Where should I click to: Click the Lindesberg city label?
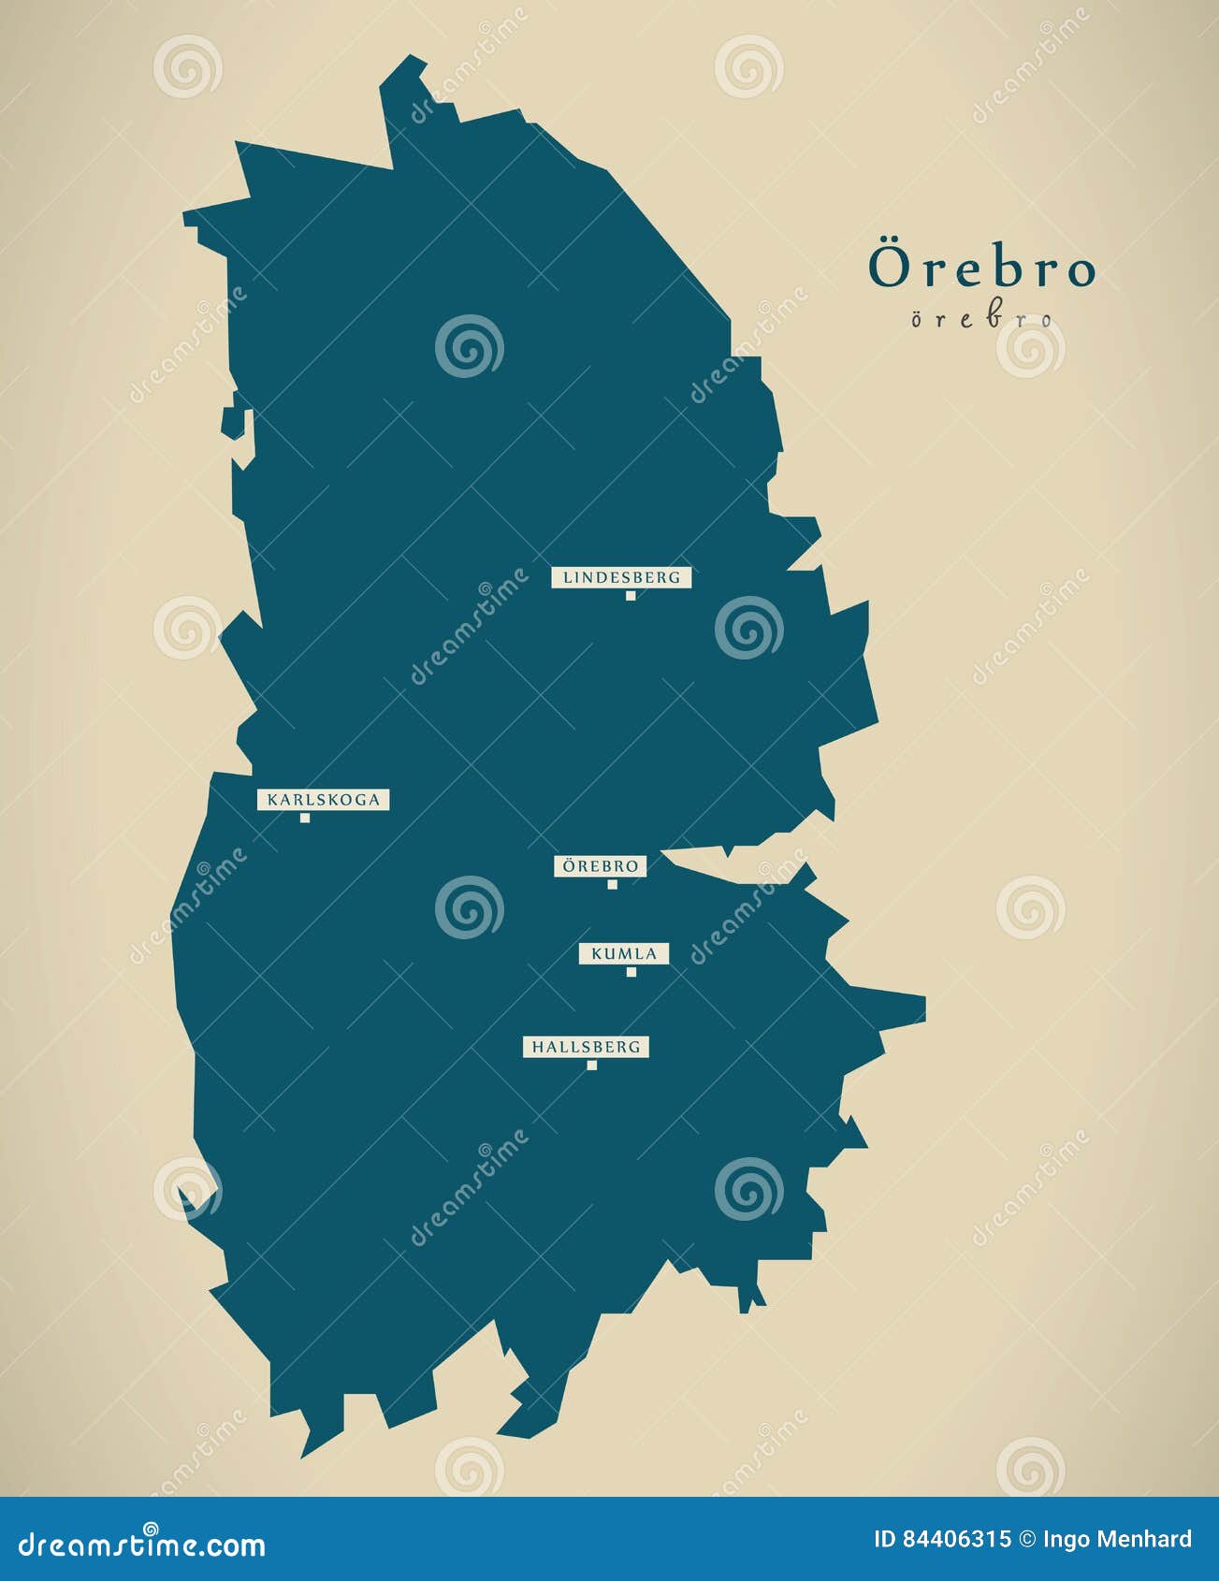point(621,577)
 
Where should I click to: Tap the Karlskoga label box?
point(323,800)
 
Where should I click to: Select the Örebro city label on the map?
point(600,866)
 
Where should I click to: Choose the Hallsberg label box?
point(586,1047)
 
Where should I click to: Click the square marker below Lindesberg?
point(631,596)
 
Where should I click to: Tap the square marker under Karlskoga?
point(305,819)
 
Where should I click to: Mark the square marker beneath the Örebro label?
point(613,884)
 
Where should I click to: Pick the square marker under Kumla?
point(631,972)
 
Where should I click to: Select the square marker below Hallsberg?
point(591,1066)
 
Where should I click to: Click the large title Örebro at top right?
point(981,268)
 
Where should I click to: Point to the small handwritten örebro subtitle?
point(981,319)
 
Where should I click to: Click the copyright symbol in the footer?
point(1027,1540)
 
